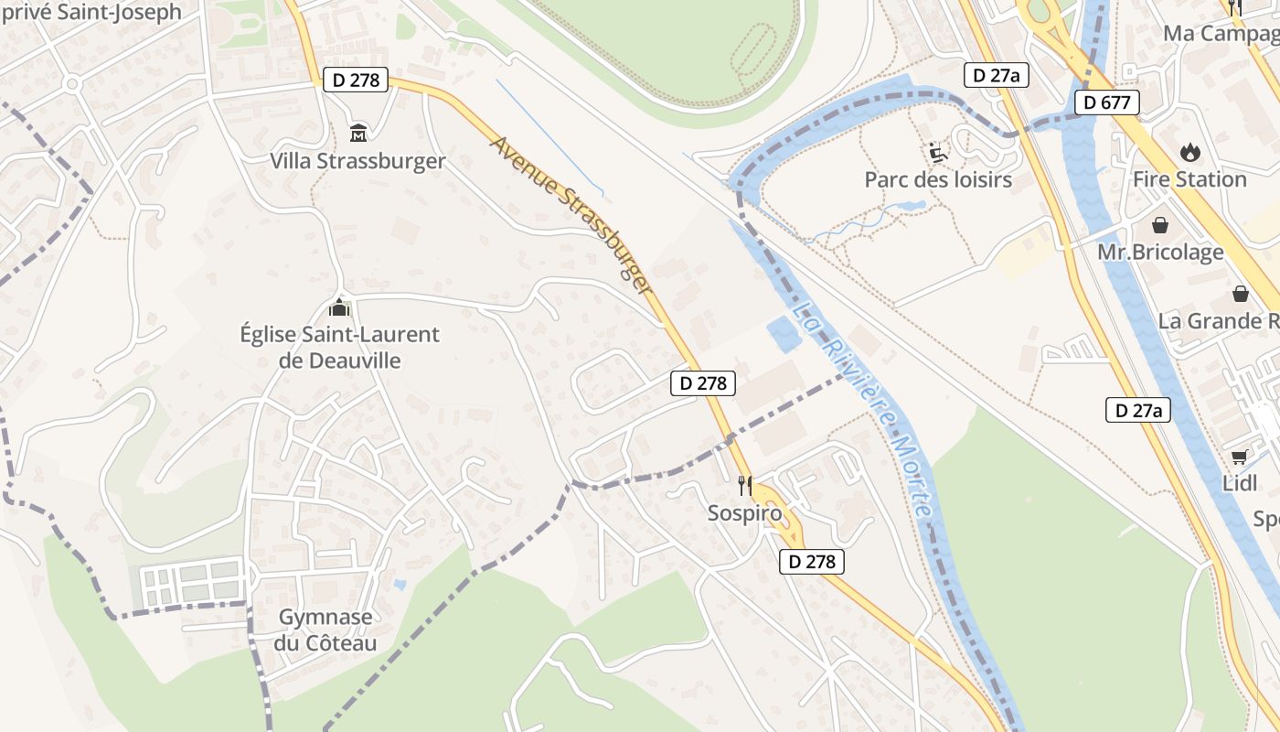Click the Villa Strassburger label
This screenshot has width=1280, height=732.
click(x=357, y=161)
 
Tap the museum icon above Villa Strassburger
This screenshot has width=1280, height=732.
click(x=358, y=134)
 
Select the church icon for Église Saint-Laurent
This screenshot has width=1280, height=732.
click(x=339, y=307)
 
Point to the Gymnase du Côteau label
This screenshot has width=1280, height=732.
click(x=325, y=630)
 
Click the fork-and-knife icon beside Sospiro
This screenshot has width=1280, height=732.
click(x=745, y=485)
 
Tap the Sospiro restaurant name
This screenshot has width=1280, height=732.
click(x=745, y=513)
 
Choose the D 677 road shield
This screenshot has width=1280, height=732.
click(x=1106, y=102)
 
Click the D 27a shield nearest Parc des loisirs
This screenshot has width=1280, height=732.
click(x=997, y=75)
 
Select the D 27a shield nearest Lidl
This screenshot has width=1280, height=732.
click(x=1138, y=411)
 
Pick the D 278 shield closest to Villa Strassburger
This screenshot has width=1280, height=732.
click(x=356, y=81)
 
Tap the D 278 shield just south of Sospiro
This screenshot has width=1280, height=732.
click(x=812, y=562)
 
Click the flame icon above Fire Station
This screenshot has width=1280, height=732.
click(x=1189, y=151)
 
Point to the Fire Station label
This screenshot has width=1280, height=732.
click(x=1189, y=179)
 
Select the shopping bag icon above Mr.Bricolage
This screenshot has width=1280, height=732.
click(x=1160, y=224)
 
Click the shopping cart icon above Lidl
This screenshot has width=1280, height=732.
click(x=1240, y=457)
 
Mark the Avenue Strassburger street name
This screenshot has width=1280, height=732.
click(x=572, y=216)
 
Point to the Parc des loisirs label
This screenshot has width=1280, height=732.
click(x=938, y=179)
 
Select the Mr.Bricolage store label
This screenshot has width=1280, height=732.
click(x=1160, y=253)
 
